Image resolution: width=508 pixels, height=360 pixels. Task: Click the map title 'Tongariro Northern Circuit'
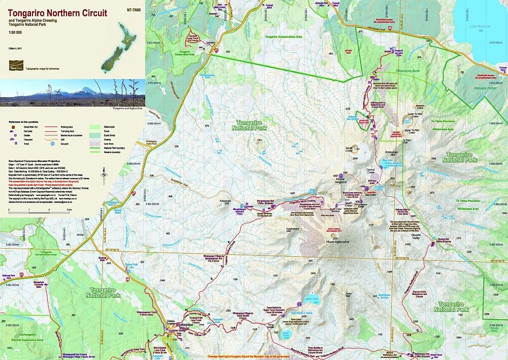57,13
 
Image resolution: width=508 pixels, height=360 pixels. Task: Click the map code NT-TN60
131,9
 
